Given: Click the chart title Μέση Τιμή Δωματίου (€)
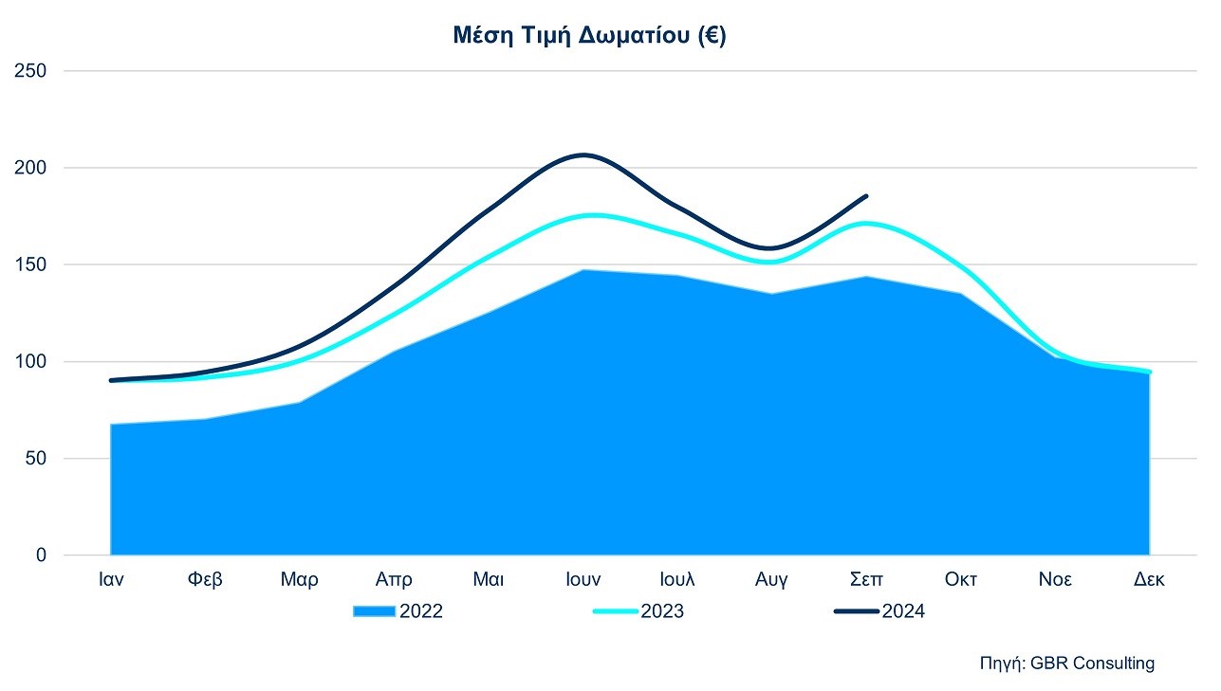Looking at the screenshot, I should (588, 37).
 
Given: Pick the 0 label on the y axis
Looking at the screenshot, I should (40, 555).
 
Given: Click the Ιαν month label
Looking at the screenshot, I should (111, 579).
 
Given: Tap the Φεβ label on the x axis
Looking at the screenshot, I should (205, 579).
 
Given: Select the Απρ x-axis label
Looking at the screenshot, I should (394, 579).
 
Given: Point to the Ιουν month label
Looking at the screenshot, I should (583, 579).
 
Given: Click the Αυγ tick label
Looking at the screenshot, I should (771, 579).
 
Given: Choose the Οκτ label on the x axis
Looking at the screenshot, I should (960, 579).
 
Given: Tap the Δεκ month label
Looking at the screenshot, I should (1149, 579).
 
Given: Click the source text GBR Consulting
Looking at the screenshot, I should (1066, 664).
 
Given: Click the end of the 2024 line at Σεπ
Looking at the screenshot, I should (866, 196).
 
